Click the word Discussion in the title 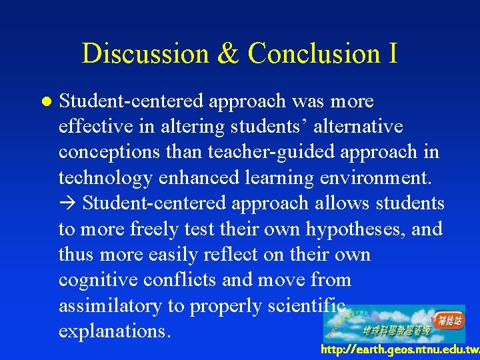pos(145,53)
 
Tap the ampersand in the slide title pos(227,53)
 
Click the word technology pos(110,178)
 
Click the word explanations pos(115,331)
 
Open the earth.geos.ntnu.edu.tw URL pos(399,350)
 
